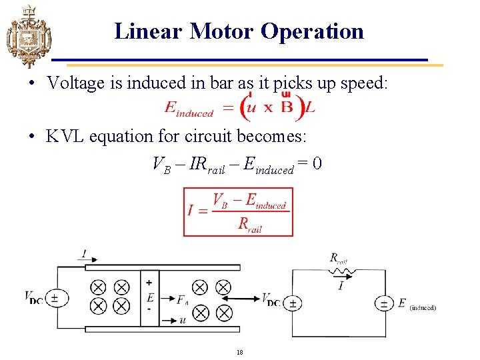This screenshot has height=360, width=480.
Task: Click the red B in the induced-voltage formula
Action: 287,108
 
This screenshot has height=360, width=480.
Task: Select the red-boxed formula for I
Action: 238,212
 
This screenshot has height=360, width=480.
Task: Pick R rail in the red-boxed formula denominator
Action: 250,223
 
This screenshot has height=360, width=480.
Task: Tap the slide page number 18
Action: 239,351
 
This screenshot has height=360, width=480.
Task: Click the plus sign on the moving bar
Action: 149,283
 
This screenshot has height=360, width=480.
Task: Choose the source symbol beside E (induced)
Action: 384,303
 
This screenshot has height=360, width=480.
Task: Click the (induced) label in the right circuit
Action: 423,307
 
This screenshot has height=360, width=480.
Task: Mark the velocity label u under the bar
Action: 183,320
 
